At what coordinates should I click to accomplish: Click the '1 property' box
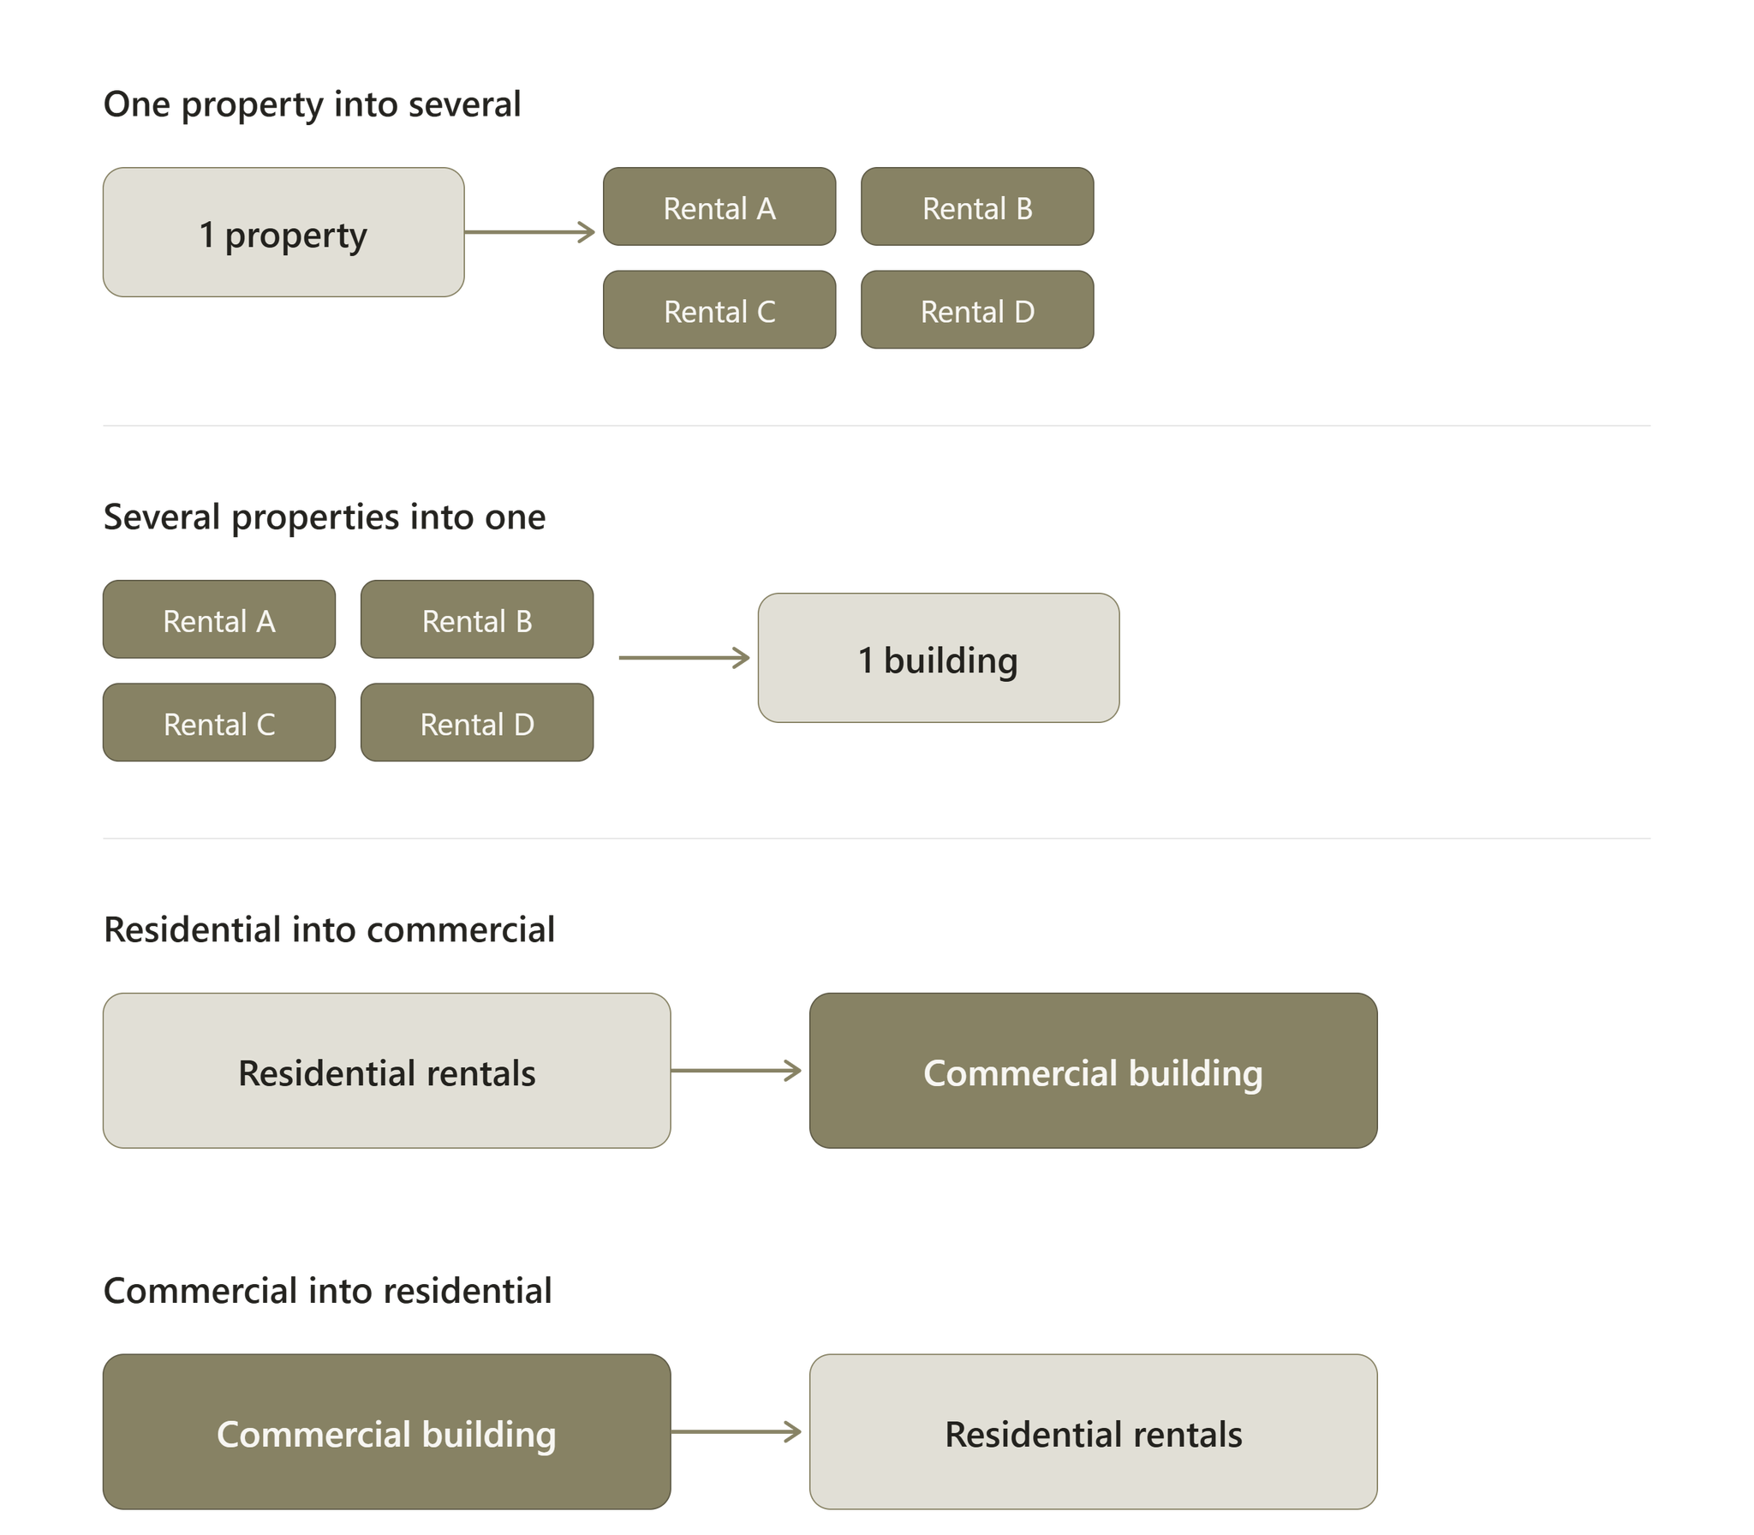tap(283, 232)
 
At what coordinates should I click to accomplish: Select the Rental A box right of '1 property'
tap(719, 206)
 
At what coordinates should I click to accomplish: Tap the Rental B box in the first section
tap(977, 206)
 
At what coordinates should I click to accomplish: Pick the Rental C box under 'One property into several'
tap(719, 309)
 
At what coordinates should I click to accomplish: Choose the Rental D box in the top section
tap(977, 309)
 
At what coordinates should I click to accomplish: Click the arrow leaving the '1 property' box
tap(530, 232)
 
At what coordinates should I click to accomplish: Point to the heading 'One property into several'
tap(312, 105)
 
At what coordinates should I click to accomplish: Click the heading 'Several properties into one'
tap(325, 517)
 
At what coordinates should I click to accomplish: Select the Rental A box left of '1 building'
tap(219, 619)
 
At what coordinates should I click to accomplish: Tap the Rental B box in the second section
tap(477, 619)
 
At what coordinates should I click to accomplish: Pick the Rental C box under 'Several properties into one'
tap(219, 722)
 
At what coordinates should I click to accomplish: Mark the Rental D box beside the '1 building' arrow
tap(477, 722)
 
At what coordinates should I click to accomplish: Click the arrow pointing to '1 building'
tap(684, 658)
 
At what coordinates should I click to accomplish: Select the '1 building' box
tap(939, 658)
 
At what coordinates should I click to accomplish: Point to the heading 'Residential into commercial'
tap(329, 929)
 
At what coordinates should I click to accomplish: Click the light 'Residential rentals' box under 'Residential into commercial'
tap(387, 1071)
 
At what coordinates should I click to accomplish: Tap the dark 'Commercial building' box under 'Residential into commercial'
tap(1094, 1071)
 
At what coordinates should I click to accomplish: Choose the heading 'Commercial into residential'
tap(328, 1291)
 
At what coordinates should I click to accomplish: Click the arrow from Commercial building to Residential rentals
tap(737, 1431)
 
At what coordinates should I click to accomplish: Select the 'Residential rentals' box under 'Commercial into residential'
tap(1094, 1431)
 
